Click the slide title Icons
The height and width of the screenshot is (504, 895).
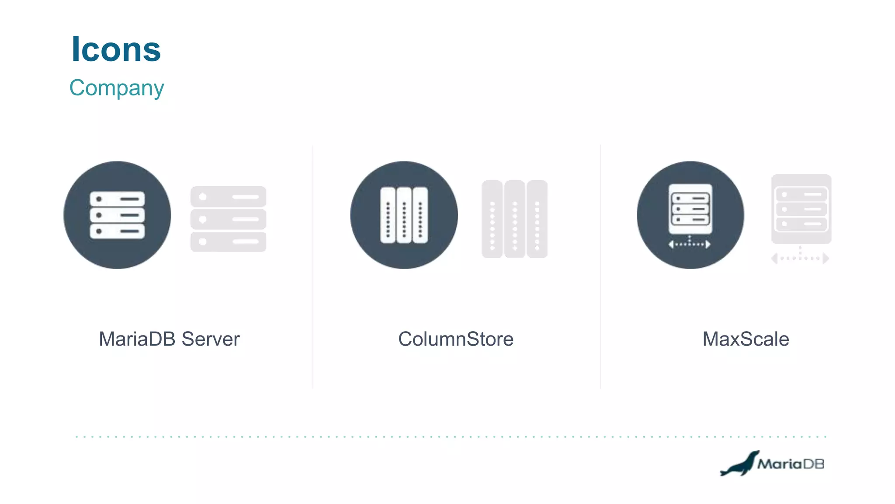116,49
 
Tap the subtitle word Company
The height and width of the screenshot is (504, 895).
117,88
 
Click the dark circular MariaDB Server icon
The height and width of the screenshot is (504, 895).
117,215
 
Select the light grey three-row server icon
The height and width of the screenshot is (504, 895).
228,219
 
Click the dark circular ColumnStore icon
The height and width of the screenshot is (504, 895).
404,215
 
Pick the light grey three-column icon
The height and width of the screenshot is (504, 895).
514,219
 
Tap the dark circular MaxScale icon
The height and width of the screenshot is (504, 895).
690,215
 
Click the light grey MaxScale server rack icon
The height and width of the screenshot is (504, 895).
801,209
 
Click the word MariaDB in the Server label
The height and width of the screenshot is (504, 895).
137,339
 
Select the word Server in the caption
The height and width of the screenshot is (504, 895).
211,339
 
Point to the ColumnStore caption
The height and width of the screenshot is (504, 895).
456,339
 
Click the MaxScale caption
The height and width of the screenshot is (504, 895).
746,339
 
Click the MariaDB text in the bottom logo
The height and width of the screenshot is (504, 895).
791,464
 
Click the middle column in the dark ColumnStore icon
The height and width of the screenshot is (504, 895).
404,215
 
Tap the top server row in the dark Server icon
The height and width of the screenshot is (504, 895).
117,199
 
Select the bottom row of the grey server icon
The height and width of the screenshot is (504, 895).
228,241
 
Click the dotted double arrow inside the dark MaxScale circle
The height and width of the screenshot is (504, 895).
690,244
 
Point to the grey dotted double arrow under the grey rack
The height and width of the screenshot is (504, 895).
800,258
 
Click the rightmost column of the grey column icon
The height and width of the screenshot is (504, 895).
537,219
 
